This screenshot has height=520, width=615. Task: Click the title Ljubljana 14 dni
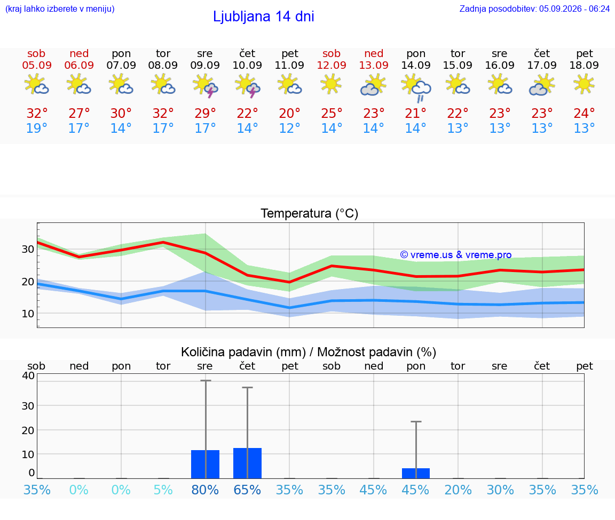(x=264, y=17)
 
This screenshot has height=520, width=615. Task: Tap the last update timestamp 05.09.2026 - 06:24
(x=574, y=9)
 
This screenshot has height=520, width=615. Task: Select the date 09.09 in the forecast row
(x=205, y=65)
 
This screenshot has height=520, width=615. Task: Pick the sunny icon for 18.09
(x=584, y=84)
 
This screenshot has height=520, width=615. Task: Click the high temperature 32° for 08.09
(x=163, y=113)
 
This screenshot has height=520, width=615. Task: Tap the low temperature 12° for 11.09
(x=289, y=128)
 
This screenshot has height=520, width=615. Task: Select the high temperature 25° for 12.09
(x=332, y=113)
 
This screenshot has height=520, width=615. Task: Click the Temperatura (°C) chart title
(x=310, y=213)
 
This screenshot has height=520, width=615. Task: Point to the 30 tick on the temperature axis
(x=28, y=249)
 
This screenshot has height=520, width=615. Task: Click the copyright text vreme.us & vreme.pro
(x=456, y=255)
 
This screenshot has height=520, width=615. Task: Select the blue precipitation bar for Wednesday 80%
(x=205, y=465)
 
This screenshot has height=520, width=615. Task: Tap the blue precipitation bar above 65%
(x=247, y=463)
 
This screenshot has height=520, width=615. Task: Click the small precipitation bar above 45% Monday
(x=416, y=474)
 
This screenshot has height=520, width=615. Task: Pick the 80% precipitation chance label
(x=205, y=490)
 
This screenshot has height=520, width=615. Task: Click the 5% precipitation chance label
(x=163, y=490)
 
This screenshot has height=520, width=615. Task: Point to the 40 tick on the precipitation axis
(x=29, y=375)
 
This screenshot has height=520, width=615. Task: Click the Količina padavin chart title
(x=309, y=352)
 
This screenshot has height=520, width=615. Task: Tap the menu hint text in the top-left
(x=60, y=9)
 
